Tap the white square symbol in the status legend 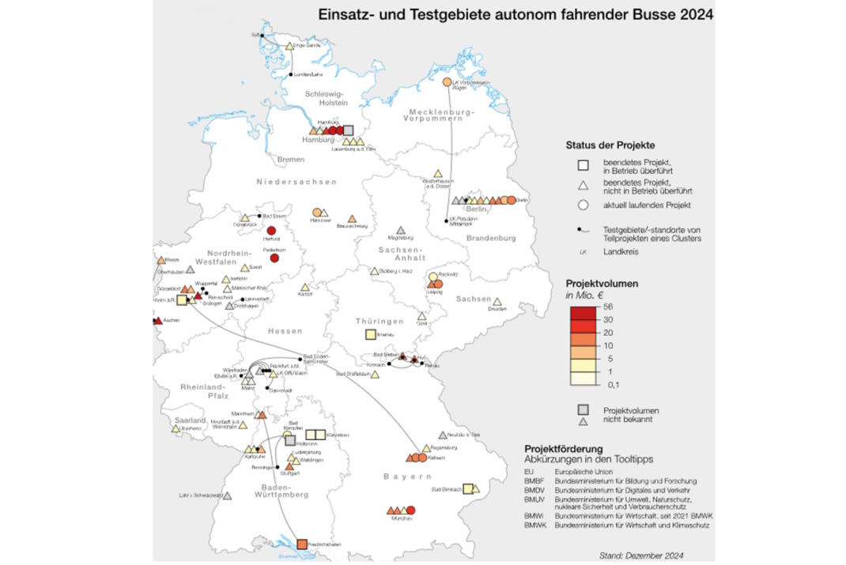[x=583, y=165]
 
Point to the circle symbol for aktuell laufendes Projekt [x=583, y=205]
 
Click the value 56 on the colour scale [x=608, y=307]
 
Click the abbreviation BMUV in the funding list [x=535, y=499]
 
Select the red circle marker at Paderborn [x=274, y=258]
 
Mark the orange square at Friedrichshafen [x=301, y=544]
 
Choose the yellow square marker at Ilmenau [x=369, y=334]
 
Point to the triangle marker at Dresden [x=497, y=301]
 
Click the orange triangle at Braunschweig [x=352, y=218]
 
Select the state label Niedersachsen [x=296, y=182]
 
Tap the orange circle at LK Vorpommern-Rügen [x=447, y=82]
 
